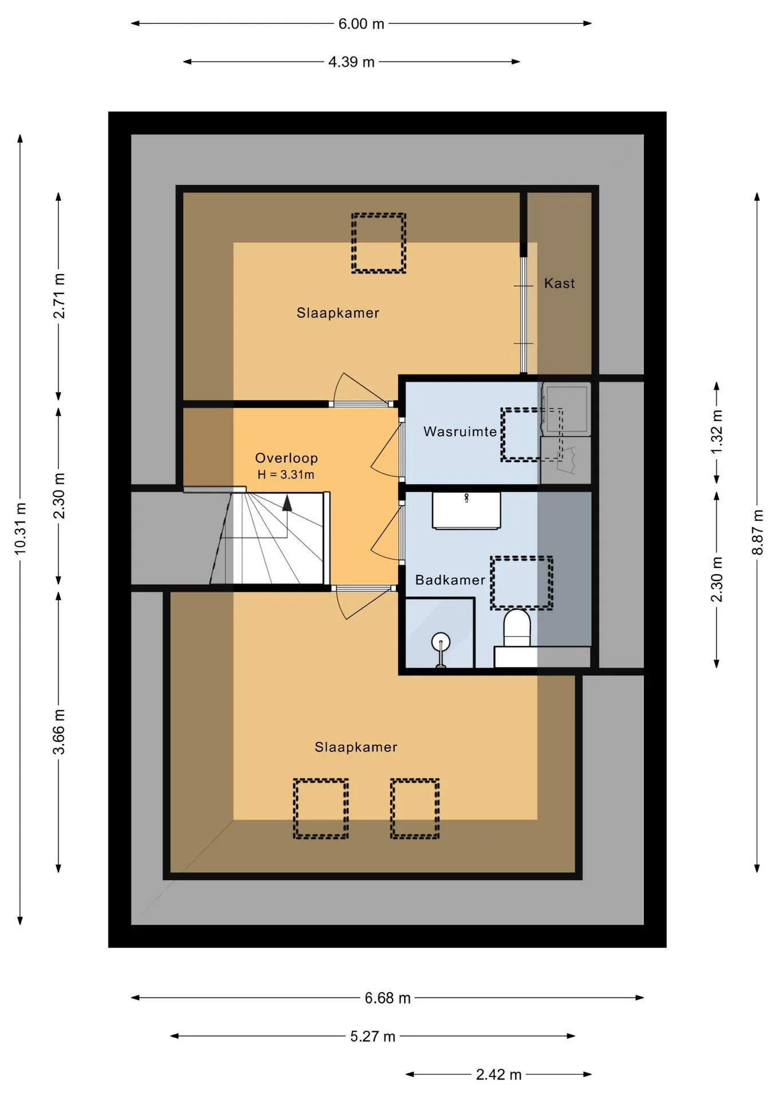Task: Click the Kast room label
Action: [x=559, y=283]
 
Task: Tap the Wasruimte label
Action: [x=460, y=432]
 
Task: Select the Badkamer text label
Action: [x=450, y=580]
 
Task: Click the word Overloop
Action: [x=286, y=458]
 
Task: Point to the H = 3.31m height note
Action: [x=286, y=475]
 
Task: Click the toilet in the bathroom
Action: [x=517, y=628]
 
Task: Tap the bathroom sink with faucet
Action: [x=466, y=510]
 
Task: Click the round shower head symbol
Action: [x=441, y=642]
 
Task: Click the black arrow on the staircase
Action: [x=287, y=503]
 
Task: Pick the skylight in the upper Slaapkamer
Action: [x=378, y=243]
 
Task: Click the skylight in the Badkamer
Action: [x=521, y=583]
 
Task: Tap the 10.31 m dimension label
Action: [x=21, y=529]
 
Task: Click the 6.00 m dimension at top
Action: [x=361, y=24]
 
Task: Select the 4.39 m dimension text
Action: [x=351, y=62]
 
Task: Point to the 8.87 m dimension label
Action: [x=758, y=532]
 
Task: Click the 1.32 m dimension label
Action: [x=717, y=432]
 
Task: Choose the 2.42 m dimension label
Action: [x=499, y=1075]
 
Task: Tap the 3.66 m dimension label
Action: [x=59, y=731]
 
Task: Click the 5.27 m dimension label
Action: [x=372, y=1036]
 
